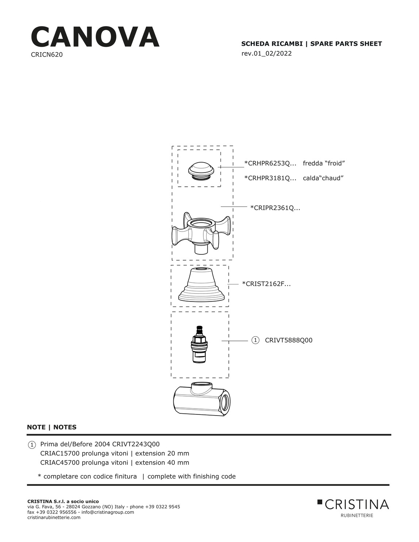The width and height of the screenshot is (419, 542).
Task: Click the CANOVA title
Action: click(95, 37)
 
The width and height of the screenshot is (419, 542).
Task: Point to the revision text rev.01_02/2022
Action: click(266, 53)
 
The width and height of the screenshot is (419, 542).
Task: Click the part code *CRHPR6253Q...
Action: click(270, 163)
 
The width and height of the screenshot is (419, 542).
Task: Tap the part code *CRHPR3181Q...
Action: click(270, 178)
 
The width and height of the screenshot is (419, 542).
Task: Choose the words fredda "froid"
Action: click(324, 163)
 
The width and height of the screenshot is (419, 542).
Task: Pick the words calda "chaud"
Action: click(323, 178)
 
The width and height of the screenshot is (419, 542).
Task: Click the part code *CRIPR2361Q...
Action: click(275, 208)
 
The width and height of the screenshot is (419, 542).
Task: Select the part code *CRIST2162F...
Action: click(266, 284)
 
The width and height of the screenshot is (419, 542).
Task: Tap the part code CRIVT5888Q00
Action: click(289, 341)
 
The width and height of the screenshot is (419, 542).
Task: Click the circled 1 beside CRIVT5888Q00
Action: click(255, 341)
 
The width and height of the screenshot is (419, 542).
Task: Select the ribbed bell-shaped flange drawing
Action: click(201, 285)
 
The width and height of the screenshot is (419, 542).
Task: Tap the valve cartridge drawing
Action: click(199, 344)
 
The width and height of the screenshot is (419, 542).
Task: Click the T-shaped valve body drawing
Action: click(201, 399)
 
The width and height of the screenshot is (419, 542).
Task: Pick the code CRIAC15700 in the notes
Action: click(59, 454)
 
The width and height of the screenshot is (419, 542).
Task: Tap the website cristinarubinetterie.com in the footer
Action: click(54, 518)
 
